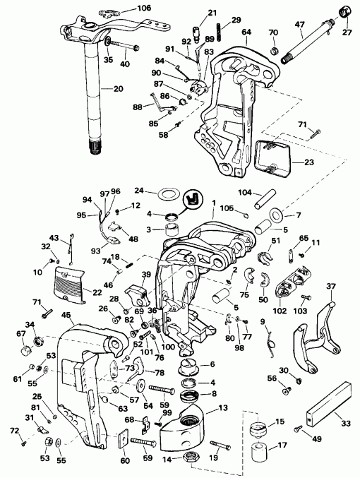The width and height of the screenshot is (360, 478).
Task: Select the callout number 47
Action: pos(299,24)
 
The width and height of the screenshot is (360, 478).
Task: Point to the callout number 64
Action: pos(246,31)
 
